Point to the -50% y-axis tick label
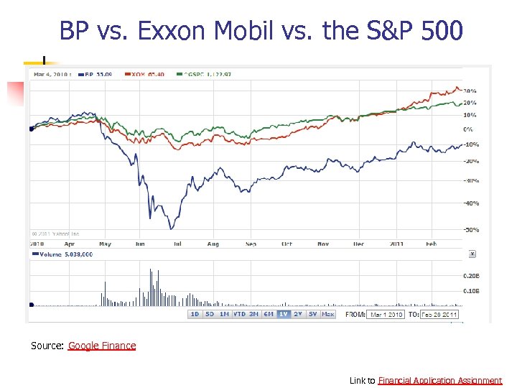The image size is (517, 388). pos(470,230)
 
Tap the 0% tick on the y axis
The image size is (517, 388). pos(468,129)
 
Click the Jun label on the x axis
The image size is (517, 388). pos(140,244)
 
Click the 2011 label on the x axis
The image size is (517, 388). pos(396,244)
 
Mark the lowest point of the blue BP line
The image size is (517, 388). pos(171,229)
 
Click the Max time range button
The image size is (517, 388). pos(327,314)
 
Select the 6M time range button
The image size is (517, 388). pos(269,314)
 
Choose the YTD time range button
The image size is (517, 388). pos(239,314)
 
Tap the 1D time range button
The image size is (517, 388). pos(195,314)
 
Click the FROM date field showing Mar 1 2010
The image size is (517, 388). pos(386,314)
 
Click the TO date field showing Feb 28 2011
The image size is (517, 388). pos(440,314)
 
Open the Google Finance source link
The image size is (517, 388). pos(102,346)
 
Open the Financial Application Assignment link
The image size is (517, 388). pos(439,380)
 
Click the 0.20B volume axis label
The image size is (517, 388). pos(471,275)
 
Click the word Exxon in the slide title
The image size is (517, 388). pos(169,31)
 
